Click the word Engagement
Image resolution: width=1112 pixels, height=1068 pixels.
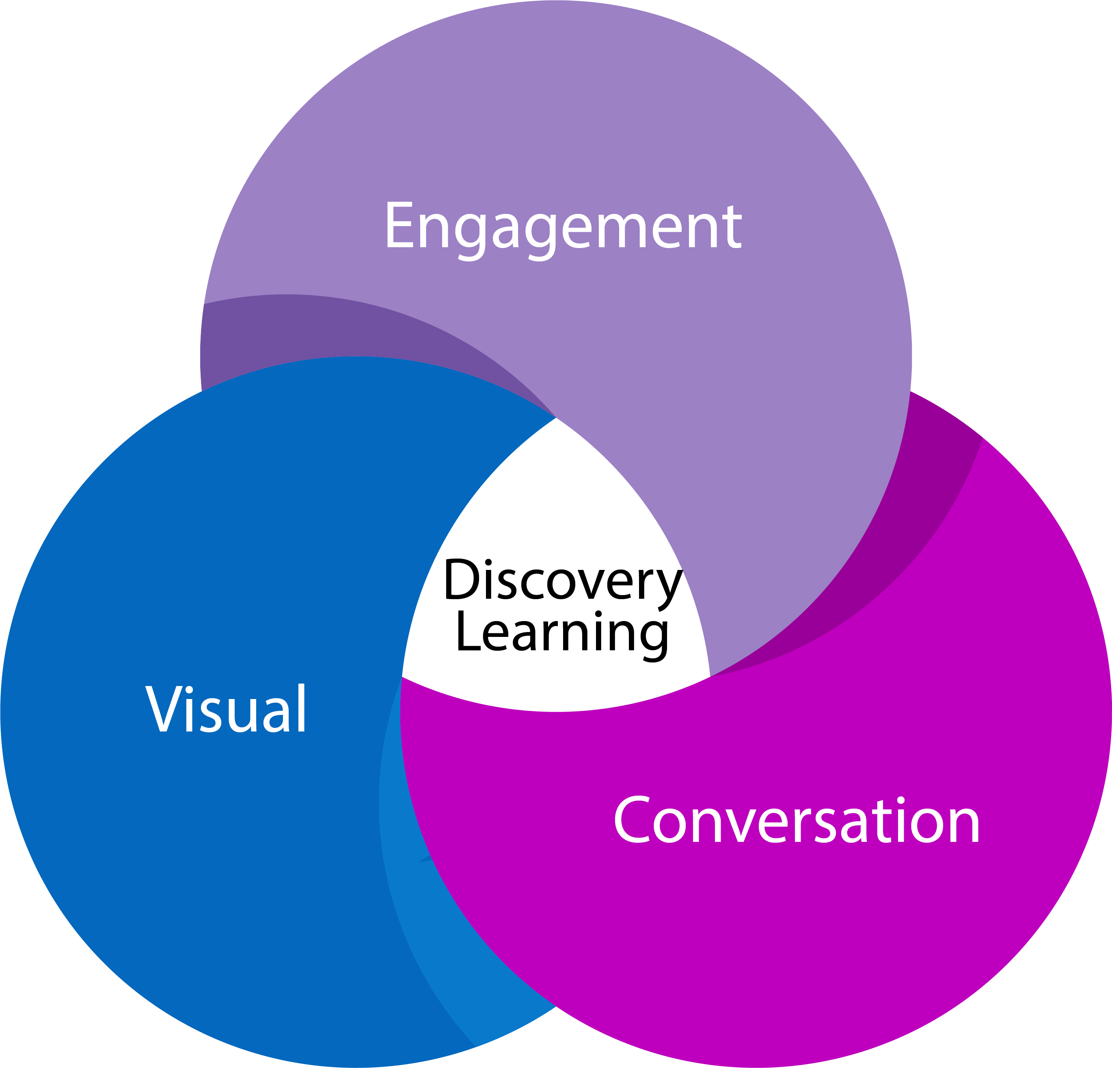coord(563,227)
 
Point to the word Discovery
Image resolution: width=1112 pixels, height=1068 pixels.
coord(562,580)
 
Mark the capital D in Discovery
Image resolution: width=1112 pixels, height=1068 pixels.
coord(462,579)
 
